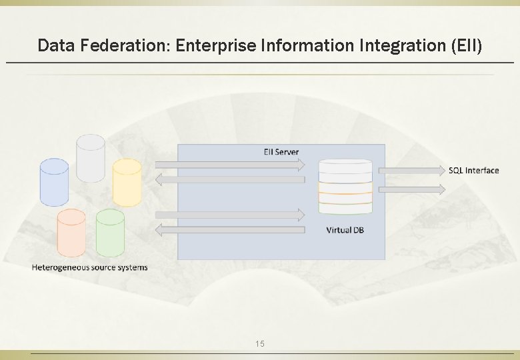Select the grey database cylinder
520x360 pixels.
click(x=91, y=158)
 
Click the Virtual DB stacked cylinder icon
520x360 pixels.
click(x=345, y=187)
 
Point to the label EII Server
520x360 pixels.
click(x=281, y=152)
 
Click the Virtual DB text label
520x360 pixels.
click(x=345, y=230)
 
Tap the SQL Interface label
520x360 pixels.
click(x=473, y=171)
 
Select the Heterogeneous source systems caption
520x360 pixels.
click(x=90, y=267)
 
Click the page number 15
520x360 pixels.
click(x=260, y=343)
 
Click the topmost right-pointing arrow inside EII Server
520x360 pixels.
click(x=230, y=163)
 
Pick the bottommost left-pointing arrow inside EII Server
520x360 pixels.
click(x=230, y=230)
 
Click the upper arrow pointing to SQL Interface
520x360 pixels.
click(x=411, y=170)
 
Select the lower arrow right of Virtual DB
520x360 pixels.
click(x=411, y=189)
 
